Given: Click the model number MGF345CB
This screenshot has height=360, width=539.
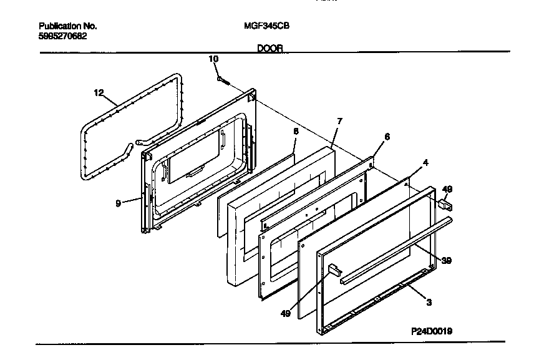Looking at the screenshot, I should (266, 26).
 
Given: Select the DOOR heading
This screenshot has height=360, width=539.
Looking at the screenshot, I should (270, 48).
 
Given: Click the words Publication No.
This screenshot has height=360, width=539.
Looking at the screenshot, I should (68, 26).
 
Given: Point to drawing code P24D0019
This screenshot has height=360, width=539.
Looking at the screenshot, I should (431, 331).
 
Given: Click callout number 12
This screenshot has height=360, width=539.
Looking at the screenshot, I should (99, 93).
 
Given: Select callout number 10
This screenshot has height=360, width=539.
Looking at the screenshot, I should (213, 59).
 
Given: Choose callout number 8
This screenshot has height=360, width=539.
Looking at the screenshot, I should (296, 131).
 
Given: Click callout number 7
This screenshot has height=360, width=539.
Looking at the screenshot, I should (339, 120).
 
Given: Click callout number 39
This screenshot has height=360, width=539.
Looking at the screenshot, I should (446, 260).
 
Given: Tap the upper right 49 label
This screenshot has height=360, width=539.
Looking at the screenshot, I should (447, 189).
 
